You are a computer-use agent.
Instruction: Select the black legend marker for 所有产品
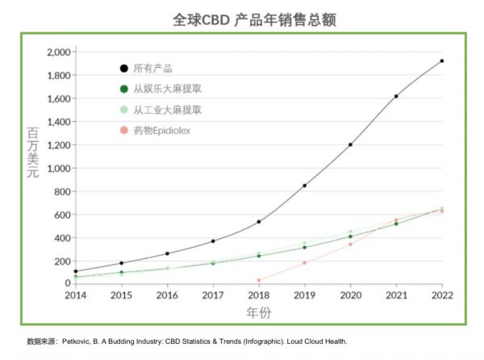point(123,69)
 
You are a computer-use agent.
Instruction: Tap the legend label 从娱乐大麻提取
point(168,89)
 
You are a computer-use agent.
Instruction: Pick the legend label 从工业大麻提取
point(168,109)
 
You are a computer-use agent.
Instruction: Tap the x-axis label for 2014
point(75,295)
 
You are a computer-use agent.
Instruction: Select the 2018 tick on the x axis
point(258,295)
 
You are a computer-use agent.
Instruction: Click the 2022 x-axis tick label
point(442,295)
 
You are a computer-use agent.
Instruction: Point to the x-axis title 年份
point(258,312)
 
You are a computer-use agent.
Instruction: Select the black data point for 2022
point(442,61)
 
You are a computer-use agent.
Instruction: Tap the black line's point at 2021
point(396,96)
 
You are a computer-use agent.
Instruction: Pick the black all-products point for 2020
point(350,144)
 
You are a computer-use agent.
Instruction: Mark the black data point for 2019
point(304,186)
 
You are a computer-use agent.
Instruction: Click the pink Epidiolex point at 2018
point(258,280)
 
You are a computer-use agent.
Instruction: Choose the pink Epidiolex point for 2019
point(304,262)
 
